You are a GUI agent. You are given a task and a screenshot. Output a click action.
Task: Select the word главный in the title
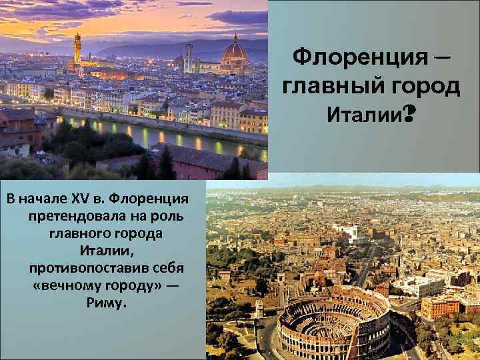click(327, 87)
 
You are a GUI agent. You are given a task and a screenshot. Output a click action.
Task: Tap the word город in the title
click(420, 87)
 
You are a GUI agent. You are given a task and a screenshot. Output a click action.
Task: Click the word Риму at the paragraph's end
click(100, 303)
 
